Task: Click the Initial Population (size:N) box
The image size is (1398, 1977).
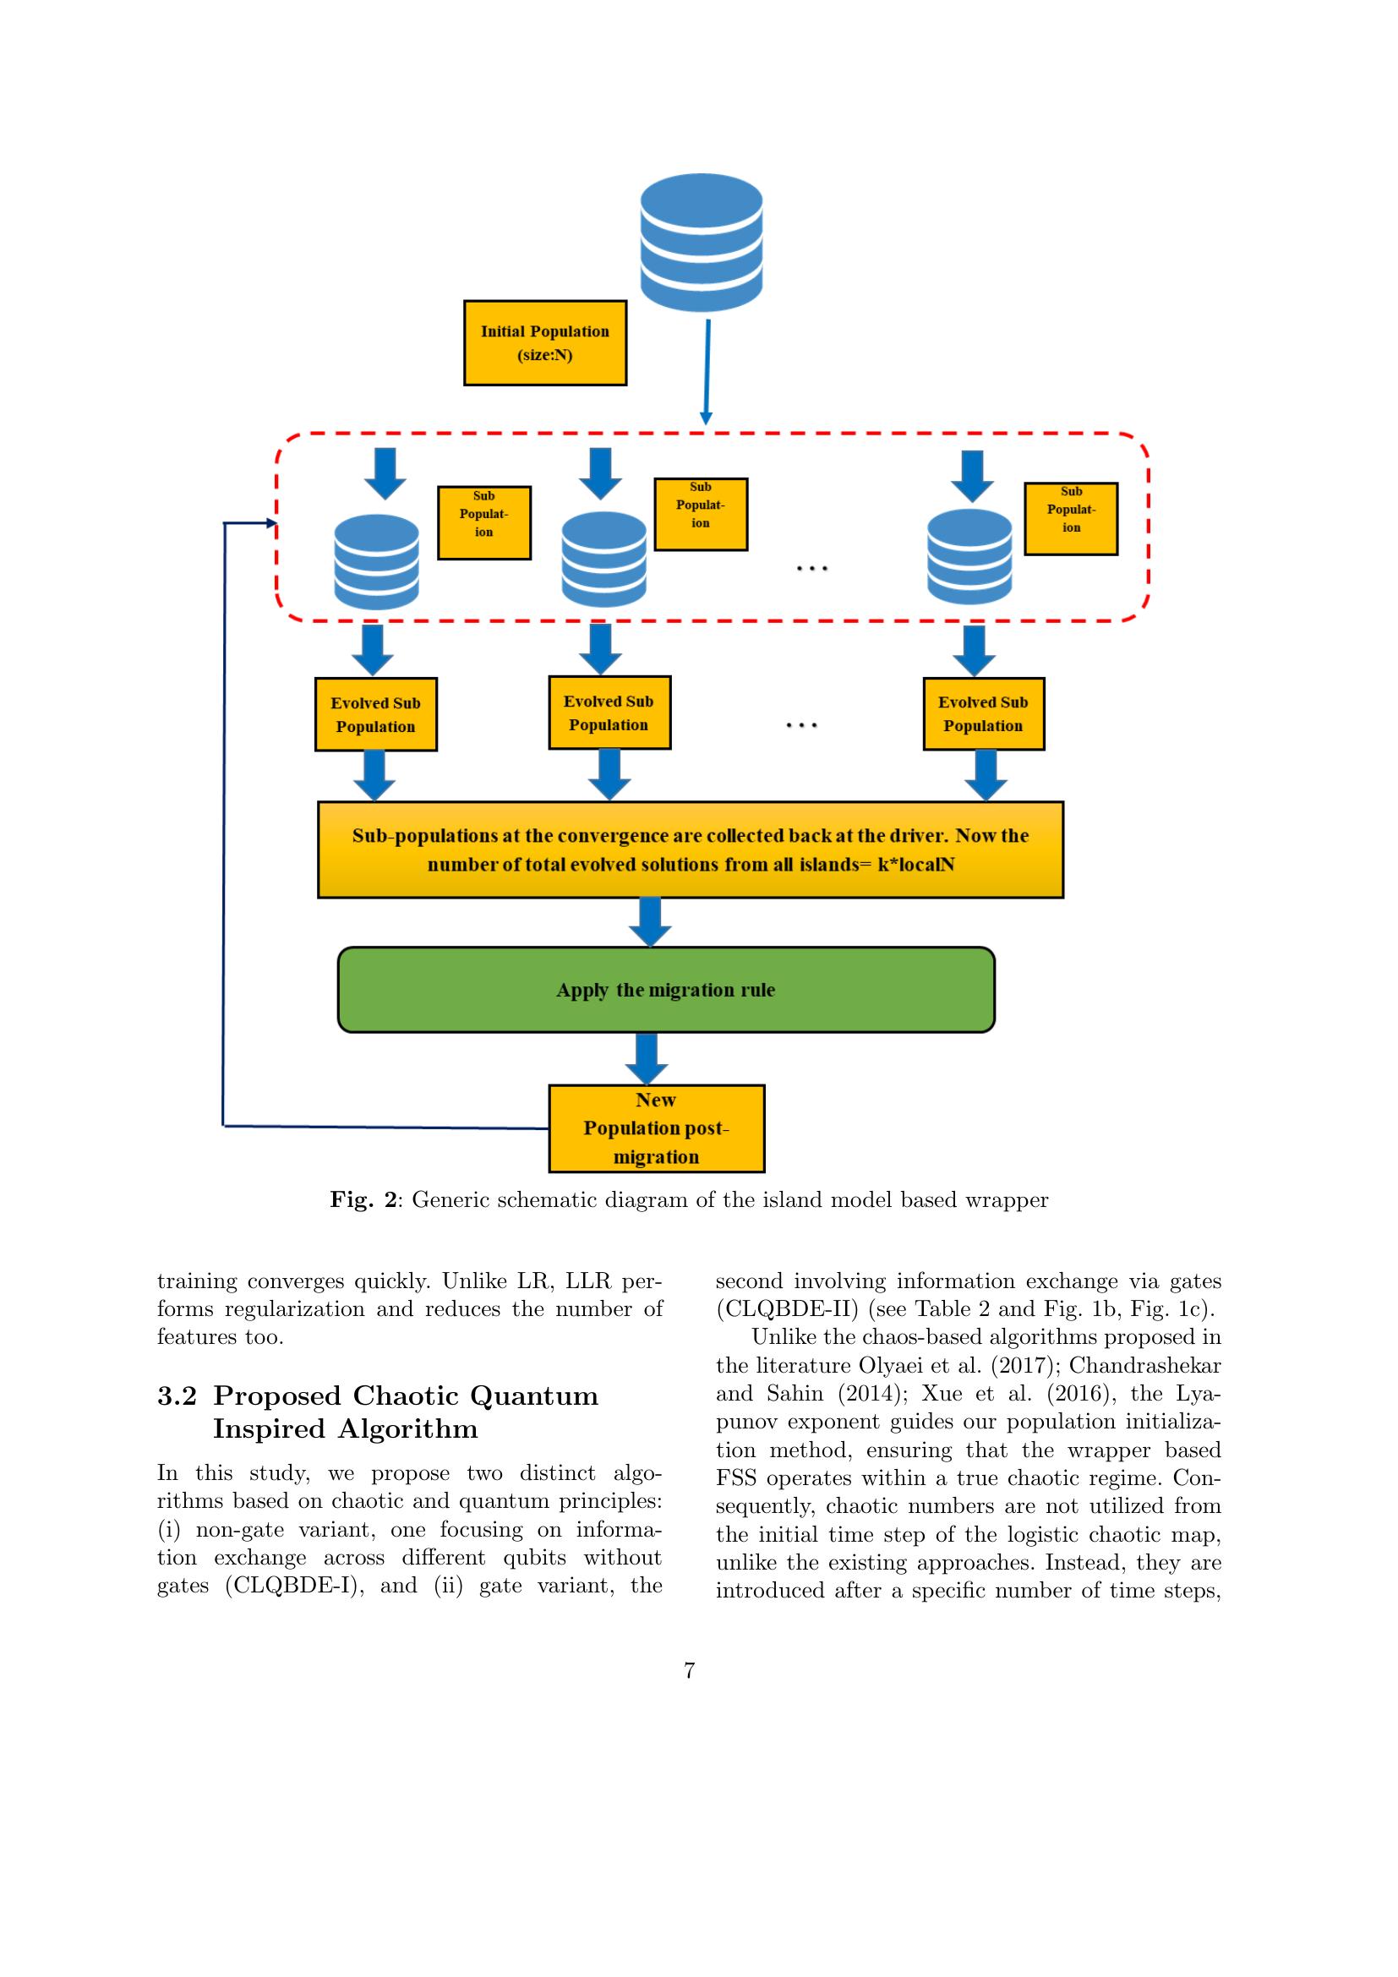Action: click(x=544, y=342)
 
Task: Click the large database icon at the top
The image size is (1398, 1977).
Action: click(x=701, y=242)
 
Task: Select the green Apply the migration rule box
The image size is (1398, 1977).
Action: click(x=665, y=990)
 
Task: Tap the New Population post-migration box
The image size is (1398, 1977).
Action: click(x=656, y=1128)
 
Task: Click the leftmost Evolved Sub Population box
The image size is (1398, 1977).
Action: click(x=375, y=714)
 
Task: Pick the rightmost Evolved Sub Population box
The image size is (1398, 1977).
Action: click(x=983, y=714)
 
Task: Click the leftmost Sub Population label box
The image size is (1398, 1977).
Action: click(x=483, y=522)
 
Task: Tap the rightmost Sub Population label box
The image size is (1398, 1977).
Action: click(x=1070, y=518)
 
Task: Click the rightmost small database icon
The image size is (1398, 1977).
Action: click(x=969, y=556)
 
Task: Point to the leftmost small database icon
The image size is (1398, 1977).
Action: click(x=376, y=561)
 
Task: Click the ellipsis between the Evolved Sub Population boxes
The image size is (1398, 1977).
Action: click(x=800, y=726)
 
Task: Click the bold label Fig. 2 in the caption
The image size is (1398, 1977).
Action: click(x=363, y=1199)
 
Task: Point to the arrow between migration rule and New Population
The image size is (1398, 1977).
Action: click(x=646, y=1058)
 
